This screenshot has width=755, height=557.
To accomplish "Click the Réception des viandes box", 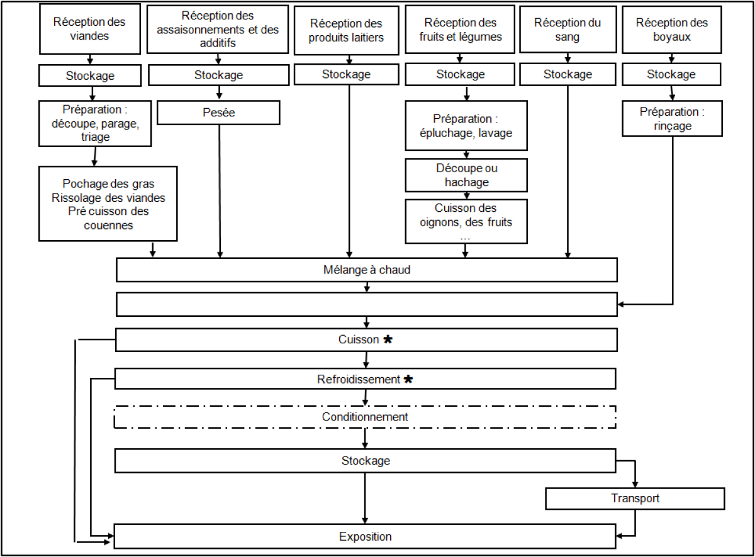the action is click(x=90, y=29).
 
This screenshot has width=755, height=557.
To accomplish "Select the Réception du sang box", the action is click(x=568, y=30).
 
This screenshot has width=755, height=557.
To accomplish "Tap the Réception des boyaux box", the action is click(x=671, y=30).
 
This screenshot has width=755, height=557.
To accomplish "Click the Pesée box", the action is click(x=218, y=113).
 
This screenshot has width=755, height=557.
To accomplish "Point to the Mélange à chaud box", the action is click(x=367, y=270).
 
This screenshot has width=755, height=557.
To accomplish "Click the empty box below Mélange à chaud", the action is click(x=367, y=304).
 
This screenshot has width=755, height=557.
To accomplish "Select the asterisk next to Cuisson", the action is click(x=388, y=339).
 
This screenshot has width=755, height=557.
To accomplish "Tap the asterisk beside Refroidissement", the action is click(x=408, y=379).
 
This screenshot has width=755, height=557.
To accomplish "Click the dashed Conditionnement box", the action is click(x=365, y=417).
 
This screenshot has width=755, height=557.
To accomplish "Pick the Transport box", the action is click(x=635, y=499).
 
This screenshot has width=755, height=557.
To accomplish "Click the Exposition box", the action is click(x=365, y=536).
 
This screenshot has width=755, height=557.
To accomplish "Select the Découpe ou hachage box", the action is click(x=466, y=175).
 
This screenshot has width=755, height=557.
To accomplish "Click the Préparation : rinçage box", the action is click(x=673, y=118).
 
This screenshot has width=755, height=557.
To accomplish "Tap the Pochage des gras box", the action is click(x=108, y=204).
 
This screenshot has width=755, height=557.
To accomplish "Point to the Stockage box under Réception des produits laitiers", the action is click(x=347, y=74).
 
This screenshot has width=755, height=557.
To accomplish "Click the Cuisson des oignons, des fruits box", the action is click(x=466, y=221).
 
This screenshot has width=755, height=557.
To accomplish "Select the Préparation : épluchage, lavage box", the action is click(x=466, y=126).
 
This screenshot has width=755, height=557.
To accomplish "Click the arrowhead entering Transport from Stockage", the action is click(x=635, y=485).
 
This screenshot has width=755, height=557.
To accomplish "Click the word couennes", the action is click(x=108, y=225).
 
